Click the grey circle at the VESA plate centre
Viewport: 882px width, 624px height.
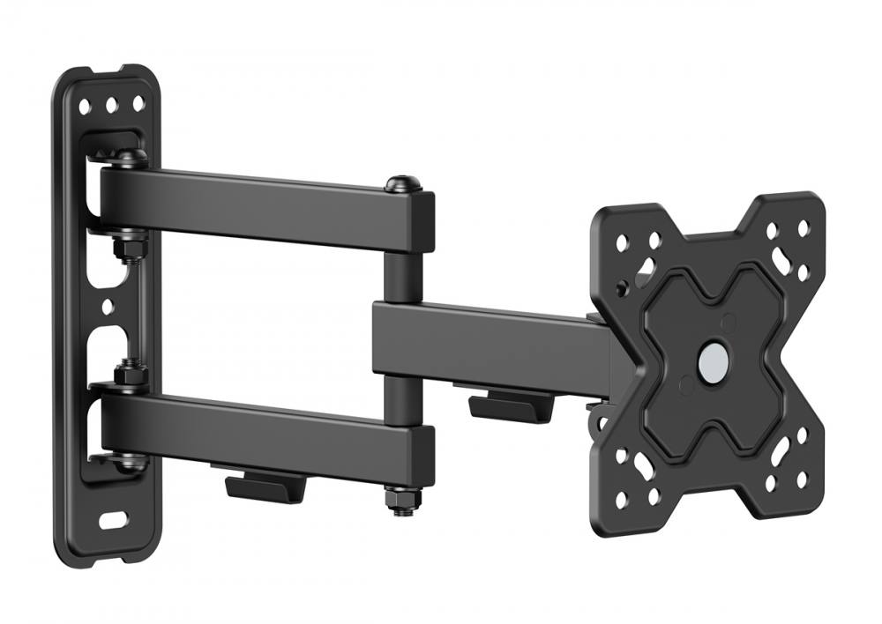712,360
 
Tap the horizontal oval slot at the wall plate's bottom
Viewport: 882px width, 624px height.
112,520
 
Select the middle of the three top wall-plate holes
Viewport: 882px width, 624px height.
112,106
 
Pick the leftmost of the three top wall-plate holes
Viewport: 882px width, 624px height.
86,107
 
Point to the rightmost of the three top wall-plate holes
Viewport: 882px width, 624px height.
138,105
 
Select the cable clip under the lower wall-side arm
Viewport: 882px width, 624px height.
260,486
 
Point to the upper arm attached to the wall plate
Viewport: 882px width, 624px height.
265,202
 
